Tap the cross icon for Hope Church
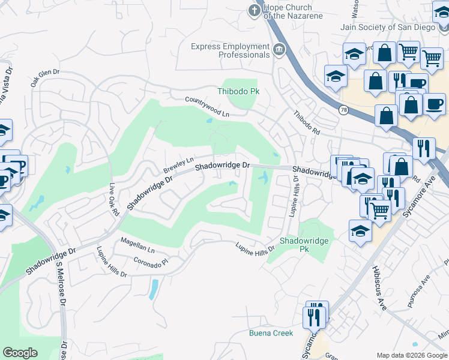pyautogui.click(x=255, y=11)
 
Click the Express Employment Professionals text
pyautogui.click(x=230, y=50)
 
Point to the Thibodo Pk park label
pyautogui.click(x=238, y=92)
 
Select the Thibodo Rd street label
pyautogui.click(x=307, y=122)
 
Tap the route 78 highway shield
pyautogui.click(x=343, y=110)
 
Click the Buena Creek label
pyautogui.click(x=271, y=333)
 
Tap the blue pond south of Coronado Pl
pyautogui.click(x=154, y=289)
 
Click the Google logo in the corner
pyautogui.click(x=20, y=353)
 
